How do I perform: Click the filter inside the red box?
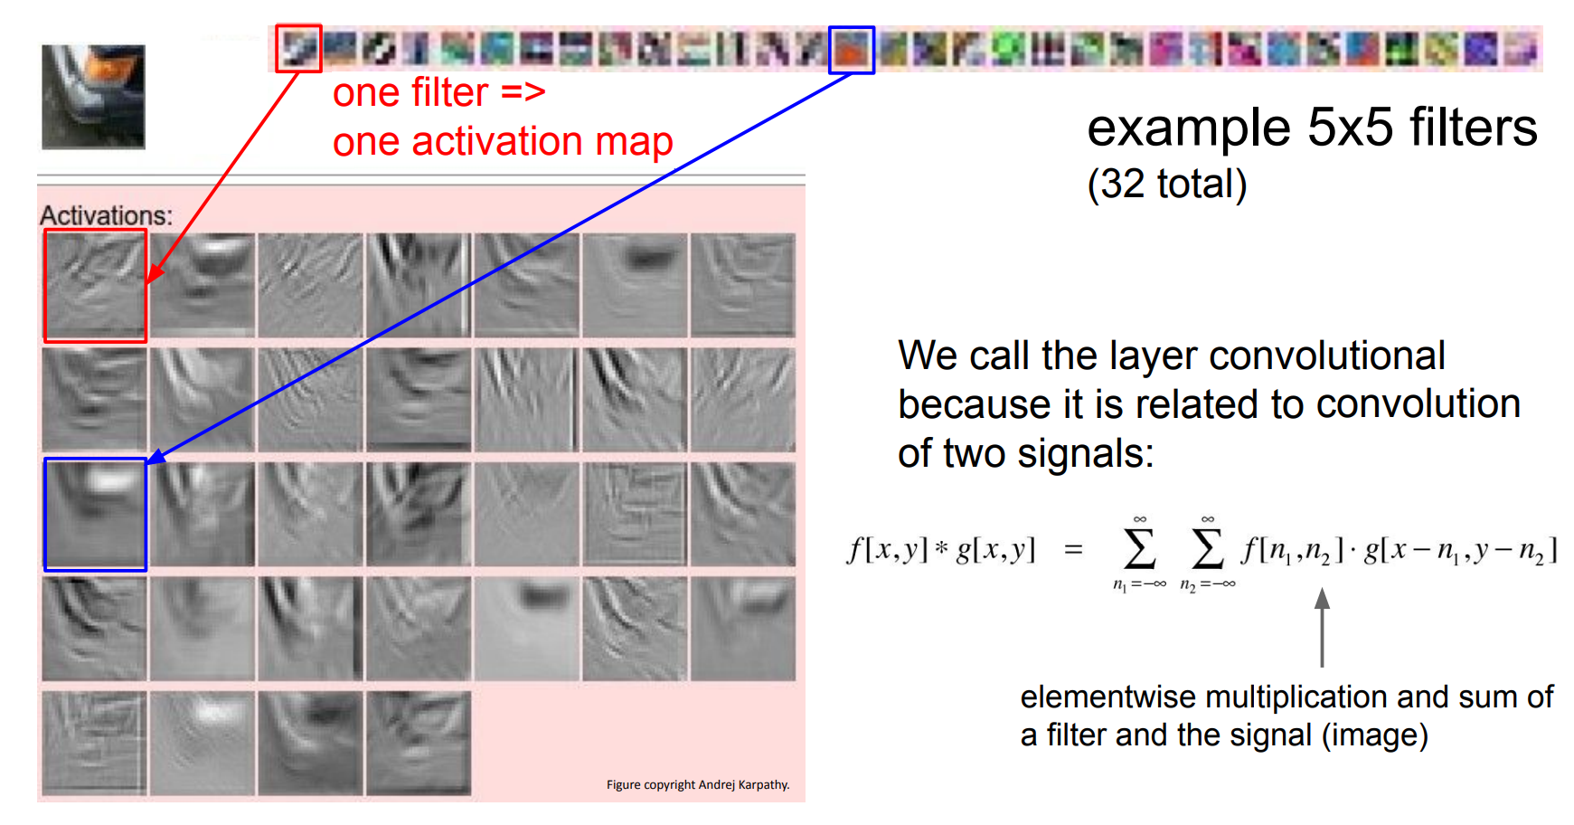coord(298,48)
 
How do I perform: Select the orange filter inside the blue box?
coord(851,50)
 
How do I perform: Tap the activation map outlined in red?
coord(95,285)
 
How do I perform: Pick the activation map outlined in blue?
coord(95,514)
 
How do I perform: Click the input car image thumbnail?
coord(93,97)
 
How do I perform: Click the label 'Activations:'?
coord(106,215)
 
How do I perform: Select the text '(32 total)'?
coord(1167,184)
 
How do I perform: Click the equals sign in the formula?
coord(1073,549)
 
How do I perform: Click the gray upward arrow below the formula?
coord(1322,628)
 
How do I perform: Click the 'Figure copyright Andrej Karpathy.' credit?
coord(698,784)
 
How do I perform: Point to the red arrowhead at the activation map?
coord(155,274)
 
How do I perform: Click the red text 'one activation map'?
coord(503,142)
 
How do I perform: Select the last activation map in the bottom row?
coord(419,744)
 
